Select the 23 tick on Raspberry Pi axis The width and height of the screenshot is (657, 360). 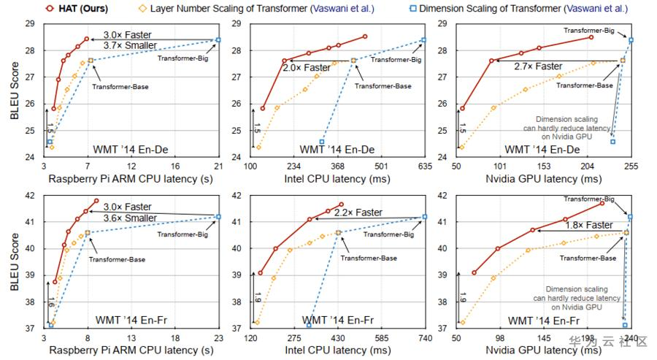[x=218, y=339]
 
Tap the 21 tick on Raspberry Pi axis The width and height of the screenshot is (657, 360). [x=218, y=166]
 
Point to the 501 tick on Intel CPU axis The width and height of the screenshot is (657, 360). [x=381, y=166]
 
